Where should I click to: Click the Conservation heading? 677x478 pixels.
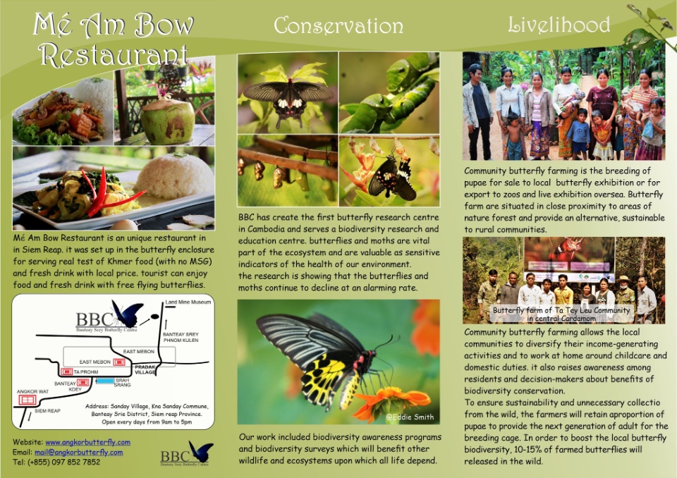coord(338,25)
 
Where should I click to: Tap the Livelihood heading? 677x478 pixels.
coord(559,25)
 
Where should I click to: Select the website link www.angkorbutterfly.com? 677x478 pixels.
coord(87,442)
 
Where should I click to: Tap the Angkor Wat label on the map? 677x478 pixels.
coord(33,392)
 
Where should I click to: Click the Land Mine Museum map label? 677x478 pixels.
coord(188,302)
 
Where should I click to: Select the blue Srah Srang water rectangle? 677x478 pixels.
coord(105,381)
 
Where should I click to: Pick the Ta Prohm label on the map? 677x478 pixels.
coord(86,372)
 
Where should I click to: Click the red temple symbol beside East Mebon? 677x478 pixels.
coord(118,362)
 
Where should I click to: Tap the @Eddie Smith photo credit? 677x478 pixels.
coord(410,417)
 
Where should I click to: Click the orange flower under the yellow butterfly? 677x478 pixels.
coord(391,400)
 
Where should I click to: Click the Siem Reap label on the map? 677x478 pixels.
coord(47,410)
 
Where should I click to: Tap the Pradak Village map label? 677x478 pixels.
coord(145,369)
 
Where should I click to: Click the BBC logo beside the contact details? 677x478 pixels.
coord(187,453)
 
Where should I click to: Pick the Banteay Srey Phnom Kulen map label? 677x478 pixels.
coord(181,337)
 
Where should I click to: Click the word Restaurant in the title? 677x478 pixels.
coord(113,55)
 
